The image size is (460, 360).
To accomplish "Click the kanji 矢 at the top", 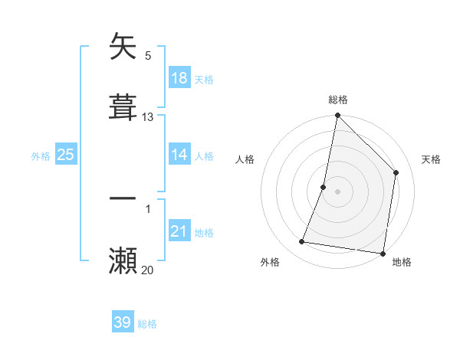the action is pos(123,47).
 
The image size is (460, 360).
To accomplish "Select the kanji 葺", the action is pos(123,106).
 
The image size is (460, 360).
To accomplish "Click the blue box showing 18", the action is pos(179,77).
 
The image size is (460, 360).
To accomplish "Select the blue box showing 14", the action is pos(179,154).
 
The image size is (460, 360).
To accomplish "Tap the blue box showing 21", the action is pos(179,231).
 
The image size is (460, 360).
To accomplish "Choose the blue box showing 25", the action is pos(66,155).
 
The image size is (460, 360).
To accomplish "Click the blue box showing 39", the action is pos(123,322).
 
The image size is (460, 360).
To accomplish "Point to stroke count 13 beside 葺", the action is pos(148,117).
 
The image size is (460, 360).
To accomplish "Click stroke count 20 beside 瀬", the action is pos(148,270).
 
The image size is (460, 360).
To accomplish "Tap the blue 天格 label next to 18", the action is pos(204,79).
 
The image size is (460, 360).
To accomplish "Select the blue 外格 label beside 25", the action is pos(41,155).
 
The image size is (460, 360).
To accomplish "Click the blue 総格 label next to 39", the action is pos(147,324).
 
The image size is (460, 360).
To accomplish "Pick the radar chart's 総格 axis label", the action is pos(338,100).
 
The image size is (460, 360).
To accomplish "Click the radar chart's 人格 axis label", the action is pos(245,159).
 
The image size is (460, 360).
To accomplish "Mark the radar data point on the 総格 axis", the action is pos(338,116).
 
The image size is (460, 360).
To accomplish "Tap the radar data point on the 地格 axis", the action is pos(383,254).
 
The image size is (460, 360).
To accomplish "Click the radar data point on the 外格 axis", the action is pos(302,242).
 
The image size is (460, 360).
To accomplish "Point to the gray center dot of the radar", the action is pos(338,191).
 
